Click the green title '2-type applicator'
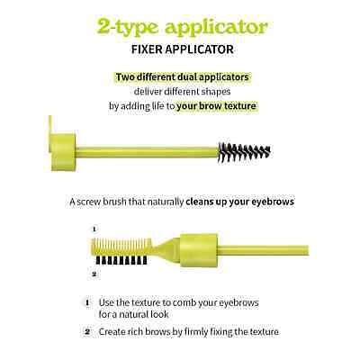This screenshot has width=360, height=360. click(x=183, y=28)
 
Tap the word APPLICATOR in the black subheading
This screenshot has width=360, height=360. click(x=200, y=49)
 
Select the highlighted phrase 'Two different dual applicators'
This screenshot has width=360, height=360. click(x=183, y=77)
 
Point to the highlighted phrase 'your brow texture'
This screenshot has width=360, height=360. click(x=217, y=106)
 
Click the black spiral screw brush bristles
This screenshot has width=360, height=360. click(x=245, y=152)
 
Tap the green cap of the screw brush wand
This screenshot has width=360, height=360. click(x=63, y=152)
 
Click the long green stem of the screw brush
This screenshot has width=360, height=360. click(x=147, y=152)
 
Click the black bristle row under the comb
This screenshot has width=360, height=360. click(x=121, y=260)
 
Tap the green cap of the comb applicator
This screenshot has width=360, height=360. click(x=198, y=250)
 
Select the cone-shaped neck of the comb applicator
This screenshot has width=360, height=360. click(x=166, y=250)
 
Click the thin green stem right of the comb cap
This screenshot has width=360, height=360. click(x=263, y=250)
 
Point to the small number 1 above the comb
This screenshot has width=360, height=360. click(x=94, y=229)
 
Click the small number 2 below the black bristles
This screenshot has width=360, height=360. click(x=94, y=274)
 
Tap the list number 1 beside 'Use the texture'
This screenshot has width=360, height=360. click(x=87, y=302)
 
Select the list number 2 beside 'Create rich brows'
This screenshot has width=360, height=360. click(x=87, y=332)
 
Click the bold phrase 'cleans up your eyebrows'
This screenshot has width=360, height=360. click(x=240, y=202)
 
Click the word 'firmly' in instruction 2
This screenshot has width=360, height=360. click(x=196, y=332)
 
